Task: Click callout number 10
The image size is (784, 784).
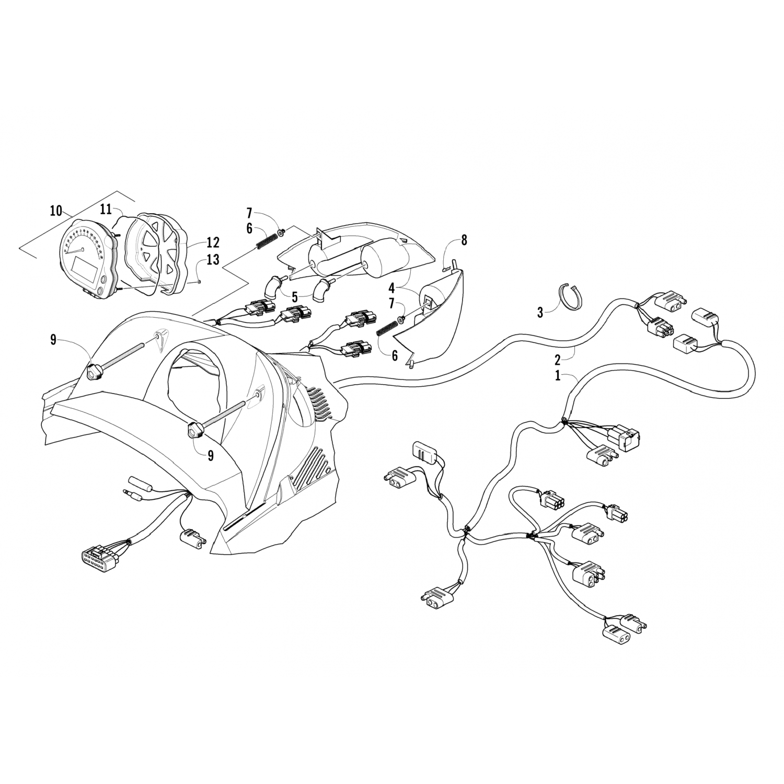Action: tap(56, 212)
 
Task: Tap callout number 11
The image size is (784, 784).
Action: tap(106, 210)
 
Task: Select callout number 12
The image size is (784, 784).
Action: tap(213, 243)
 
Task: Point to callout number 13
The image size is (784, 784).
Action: tap(213, 260)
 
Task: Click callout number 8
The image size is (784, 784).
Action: tap(464, 240)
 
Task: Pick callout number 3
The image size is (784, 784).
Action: tap(540, 313)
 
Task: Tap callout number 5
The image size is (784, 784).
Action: tap(295, 297)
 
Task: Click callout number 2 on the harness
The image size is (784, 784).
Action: tap(558, 359)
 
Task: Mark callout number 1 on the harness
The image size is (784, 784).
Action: tap(558, 376)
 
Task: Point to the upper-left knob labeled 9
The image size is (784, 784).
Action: tap(95, 373)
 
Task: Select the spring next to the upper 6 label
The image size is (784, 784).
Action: tap(266, 241)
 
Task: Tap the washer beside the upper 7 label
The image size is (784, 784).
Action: tap(282, 232)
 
